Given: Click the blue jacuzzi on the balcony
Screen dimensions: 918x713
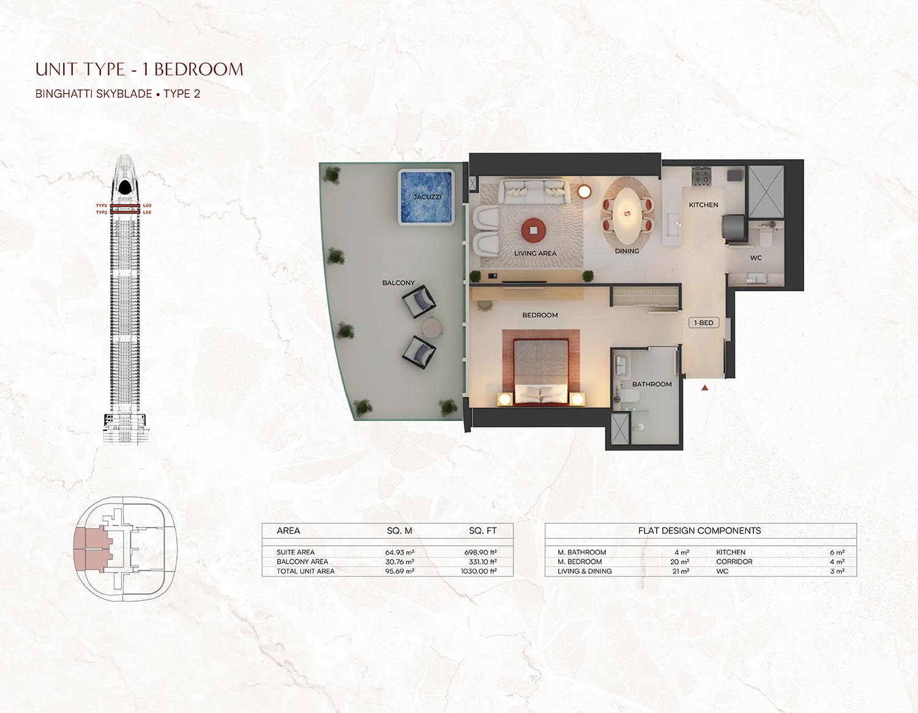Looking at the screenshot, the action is click(427, 197).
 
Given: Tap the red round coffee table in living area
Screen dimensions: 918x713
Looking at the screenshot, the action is click(533, 230).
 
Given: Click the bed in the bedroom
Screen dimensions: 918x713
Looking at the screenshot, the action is click(540, 371).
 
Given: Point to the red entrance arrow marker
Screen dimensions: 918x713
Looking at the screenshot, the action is click(704, 387).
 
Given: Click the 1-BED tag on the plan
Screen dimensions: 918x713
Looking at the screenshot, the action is click(704, 323).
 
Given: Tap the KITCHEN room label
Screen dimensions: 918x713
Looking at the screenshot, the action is click(703, 205).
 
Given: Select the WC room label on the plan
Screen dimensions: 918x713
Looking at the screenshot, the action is click(756, 258).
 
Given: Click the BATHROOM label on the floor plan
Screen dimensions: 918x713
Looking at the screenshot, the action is click(652, 384).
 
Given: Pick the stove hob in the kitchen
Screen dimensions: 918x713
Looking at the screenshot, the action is click(701, 176).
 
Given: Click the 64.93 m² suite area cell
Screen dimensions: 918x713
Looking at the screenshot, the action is click(399, 552).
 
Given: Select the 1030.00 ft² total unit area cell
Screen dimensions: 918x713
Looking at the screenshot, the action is click(479, 571).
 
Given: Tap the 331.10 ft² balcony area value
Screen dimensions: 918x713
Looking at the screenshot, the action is click(482, 561).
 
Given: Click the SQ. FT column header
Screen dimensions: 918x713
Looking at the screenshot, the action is click(482, 531).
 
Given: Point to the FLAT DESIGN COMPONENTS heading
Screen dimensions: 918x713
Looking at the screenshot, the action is click(699, 531).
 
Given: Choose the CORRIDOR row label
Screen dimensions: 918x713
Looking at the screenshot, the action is click(734, 561).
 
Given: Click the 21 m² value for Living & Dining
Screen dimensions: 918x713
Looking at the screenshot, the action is click(681, 571).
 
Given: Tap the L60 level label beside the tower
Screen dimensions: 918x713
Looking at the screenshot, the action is click(147, 206).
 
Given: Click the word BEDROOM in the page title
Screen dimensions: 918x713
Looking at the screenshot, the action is click(198, 69).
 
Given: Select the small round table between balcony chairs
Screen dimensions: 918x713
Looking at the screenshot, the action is click(432, 327).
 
